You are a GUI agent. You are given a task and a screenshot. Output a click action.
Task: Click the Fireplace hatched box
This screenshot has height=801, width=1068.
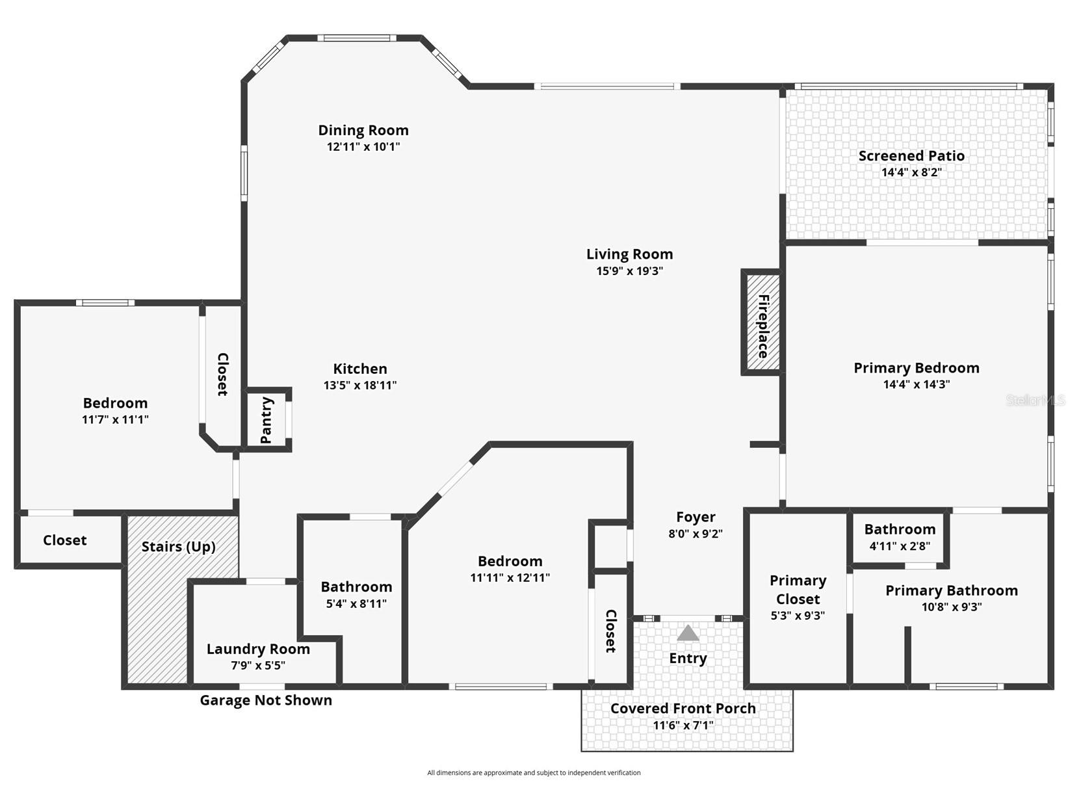[x=762, y=322]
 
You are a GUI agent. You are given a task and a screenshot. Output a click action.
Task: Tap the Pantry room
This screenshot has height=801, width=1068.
[x=267, y=420]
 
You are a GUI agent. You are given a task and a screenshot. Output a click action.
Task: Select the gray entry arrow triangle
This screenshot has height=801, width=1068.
[x=688, y=633]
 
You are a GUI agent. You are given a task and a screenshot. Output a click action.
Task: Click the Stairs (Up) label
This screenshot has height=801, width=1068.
[x=178, y=546]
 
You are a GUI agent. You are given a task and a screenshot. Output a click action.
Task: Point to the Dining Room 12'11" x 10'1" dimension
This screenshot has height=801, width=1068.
[x=363, y=147]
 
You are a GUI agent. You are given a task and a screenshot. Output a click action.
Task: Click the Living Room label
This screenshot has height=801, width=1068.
[x=629, y=254]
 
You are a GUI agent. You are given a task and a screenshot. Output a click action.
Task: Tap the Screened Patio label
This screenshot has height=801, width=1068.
[x=911, y=156]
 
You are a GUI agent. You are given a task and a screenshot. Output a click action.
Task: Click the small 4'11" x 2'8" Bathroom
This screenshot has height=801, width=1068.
[x=900, y=537]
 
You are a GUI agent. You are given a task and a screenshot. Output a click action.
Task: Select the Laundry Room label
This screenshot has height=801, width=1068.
[x=258, y=649]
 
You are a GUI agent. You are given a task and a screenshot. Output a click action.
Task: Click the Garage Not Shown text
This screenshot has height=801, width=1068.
[x=265, y=700]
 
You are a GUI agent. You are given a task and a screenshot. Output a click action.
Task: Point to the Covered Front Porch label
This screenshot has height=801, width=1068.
[x=683, y=709]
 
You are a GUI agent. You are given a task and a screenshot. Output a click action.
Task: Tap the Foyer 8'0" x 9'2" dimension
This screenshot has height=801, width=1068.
[x=695, y=534]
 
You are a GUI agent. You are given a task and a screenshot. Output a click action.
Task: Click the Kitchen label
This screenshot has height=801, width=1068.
[x=360, y=369]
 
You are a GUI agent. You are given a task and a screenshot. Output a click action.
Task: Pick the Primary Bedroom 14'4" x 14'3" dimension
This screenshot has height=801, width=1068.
[x=916, y=384]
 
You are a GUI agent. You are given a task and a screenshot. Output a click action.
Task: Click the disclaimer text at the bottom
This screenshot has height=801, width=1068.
[x=534, y=773]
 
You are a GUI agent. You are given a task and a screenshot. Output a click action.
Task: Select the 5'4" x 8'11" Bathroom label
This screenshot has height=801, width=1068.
[x=356, y=587]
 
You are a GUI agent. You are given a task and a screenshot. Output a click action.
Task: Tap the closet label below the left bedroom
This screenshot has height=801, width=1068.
[x=64, y=540]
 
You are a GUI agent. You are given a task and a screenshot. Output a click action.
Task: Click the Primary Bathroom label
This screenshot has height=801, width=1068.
[x=951, y=590]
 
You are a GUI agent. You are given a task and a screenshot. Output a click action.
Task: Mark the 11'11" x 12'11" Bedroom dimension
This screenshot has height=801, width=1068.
[x=510, y=577]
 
